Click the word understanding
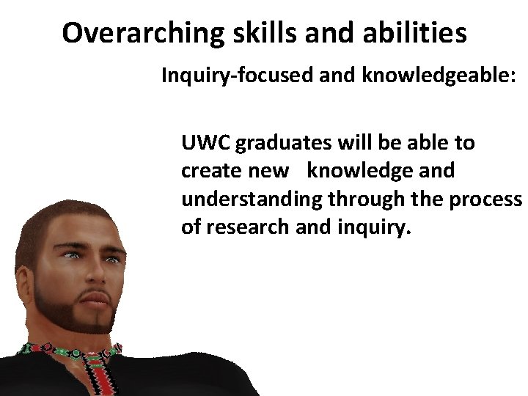(252, 199)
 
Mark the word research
(249, 227)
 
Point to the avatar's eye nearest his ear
(72, 256)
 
